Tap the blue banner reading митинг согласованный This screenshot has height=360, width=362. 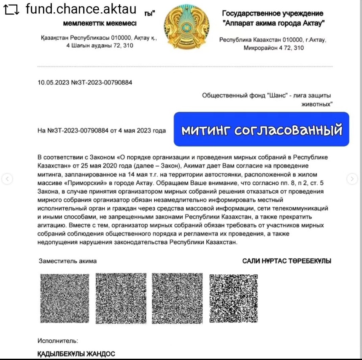262,130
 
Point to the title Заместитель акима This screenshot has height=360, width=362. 68,261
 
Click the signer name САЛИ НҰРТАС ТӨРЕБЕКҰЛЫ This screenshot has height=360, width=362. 286,261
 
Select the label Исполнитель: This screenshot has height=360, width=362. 57,341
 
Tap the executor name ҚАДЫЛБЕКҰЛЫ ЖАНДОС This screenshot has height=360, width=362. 76,354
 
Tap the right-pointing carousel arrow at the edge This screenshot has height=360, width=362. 353,179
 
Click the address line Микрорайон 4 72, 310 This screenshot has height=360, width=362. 273,48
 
